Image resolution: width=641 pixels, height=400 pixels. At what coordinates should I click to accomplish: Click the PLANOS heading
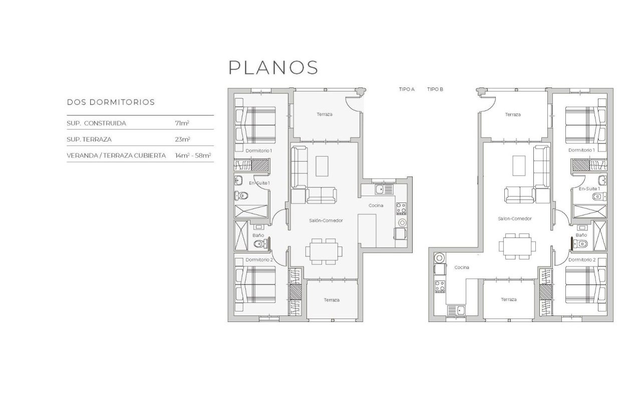click(273, 67)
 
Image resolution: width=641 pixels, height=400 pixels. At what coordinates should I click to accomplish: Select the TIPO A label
click(407, 89)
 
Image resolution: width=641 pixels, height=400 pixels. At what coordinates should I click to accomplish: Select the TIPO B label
click(435, 89)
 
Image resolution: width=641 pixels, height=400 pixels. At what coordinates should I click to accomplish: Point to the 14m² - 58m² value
click(193, 155)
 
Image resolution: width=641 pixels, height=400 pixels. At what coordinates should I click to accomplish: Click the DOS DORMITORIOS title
click(111, 102)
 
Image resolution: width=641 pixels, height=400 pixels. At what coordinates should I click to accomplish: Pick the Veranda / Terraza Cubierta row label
click(116, 155)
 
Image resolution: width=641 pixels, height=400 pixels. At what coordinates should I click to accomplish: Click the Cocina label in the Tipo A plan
click(376, 205)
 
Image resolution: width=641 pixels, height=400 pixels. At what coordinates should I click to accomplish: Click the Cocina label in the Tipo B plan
click(462, 267)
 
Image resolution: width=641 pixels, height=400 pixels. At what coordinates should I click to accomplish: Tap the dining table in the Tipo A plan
click(325, 251)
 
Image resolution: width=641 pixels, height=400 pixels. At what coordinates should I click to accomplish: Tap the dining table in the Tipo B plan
click(516, 246)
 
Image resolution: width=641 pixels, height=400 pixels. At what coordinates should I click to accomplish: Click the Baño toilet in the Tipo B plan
click(580, 244)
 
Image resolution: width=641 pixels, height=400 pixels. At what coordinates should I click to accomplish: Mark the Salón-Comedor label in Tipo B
click(515, 218)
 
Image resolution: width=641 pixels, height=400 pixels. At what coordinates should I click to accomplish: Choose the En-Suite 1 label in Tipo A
click(259, 183)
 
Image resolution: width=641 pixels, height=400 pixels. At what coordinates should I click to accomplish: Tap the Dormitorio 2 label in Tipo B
click(582, 260)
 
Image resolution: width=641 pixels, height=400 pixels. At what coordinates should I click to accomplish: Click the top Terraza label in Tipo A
click(325, 114)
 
